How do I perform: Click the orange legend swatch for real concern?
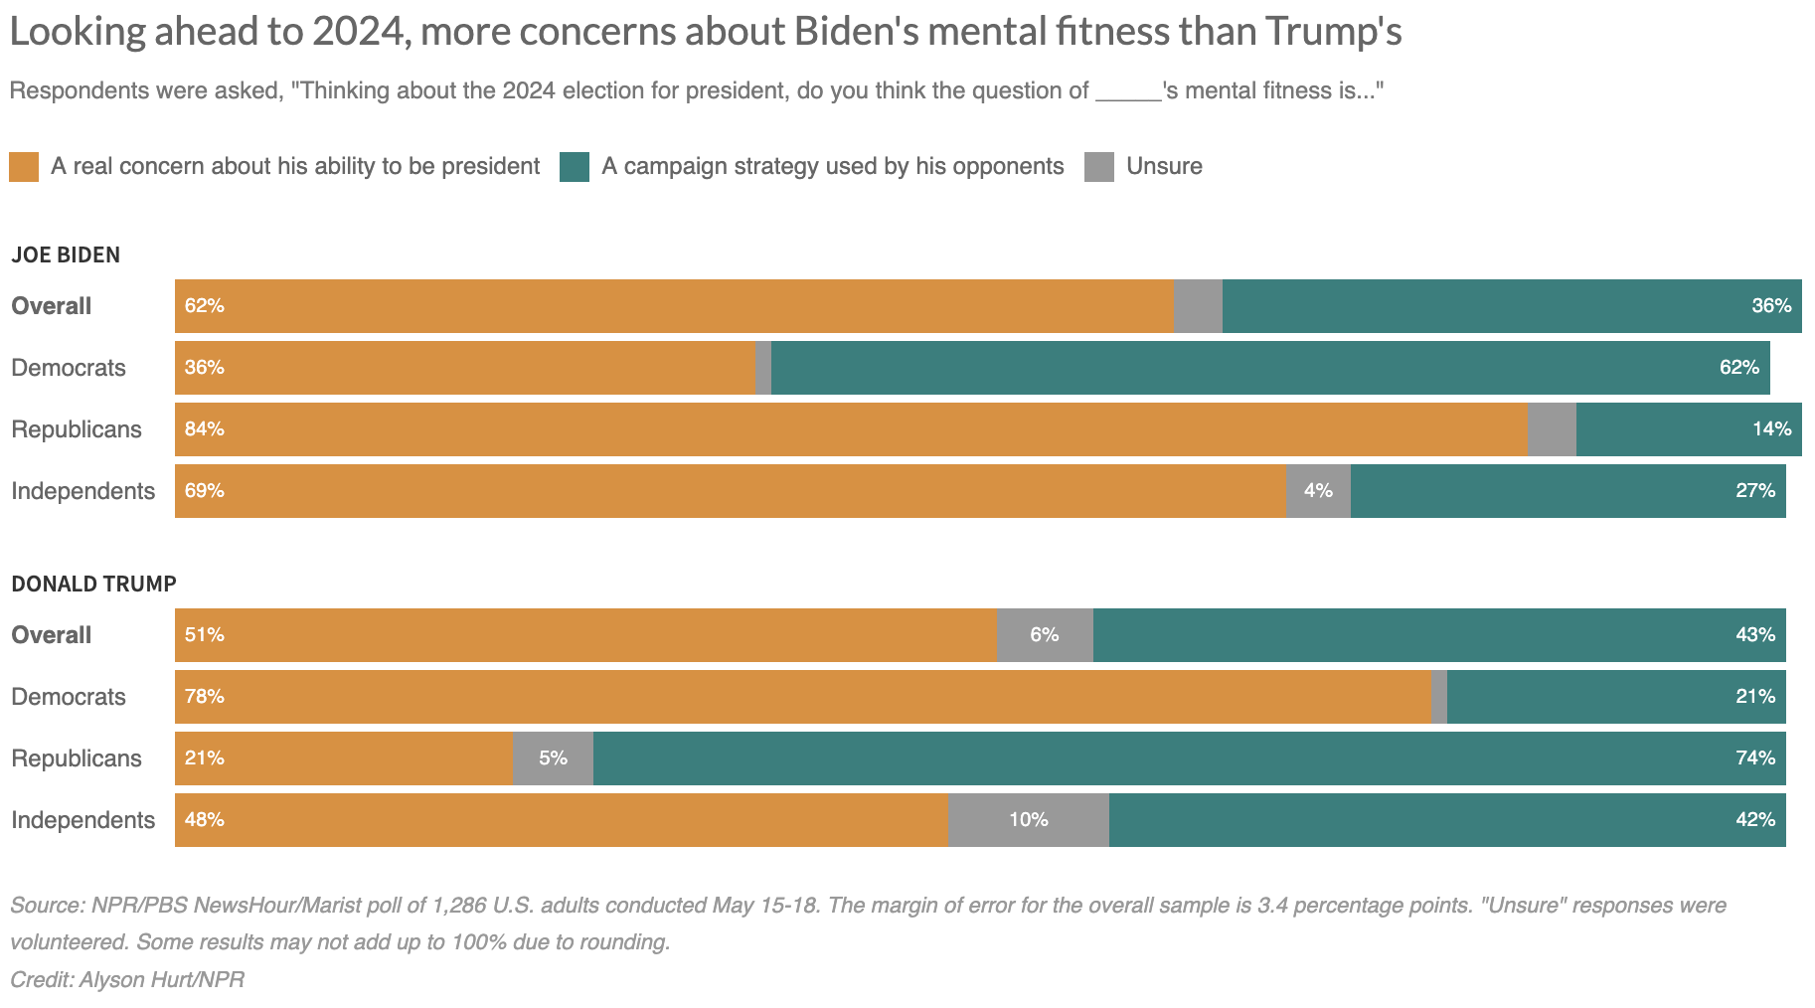coord(24,167)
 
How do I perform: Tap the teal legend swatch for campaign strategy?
coord(575,167)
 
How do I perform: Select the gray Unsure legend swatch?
coord(1099,167)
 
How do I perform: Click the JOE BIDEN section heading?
coord(66,255)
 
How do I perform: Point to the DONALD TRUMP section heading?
coord(93,585)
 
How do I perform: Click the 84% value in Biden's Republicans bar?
coord(205,429)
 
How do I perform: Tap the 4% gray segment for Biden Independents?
coord(1318,491)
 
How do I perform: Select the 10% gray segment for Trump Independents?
coord(1029,820)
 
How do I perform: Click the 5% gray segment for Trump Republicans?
coord(553,758)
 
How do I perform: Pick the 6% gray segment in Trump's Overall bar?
coord(1045,635)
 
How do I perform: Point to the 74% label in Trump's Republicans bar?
coord(1755,758)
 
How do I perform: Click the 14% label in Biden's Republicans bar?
coord(1771,429)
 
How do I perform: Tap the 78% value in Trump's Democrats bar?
coord(205,697)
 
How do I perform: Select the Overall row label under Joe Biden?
coord(52,306)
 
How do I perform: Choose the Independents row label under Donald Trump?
coord(83,820)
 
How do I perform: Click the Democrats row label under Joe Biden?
coord(69,368)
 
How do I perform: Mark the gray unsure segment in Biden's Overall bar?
coord(1198,306)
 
